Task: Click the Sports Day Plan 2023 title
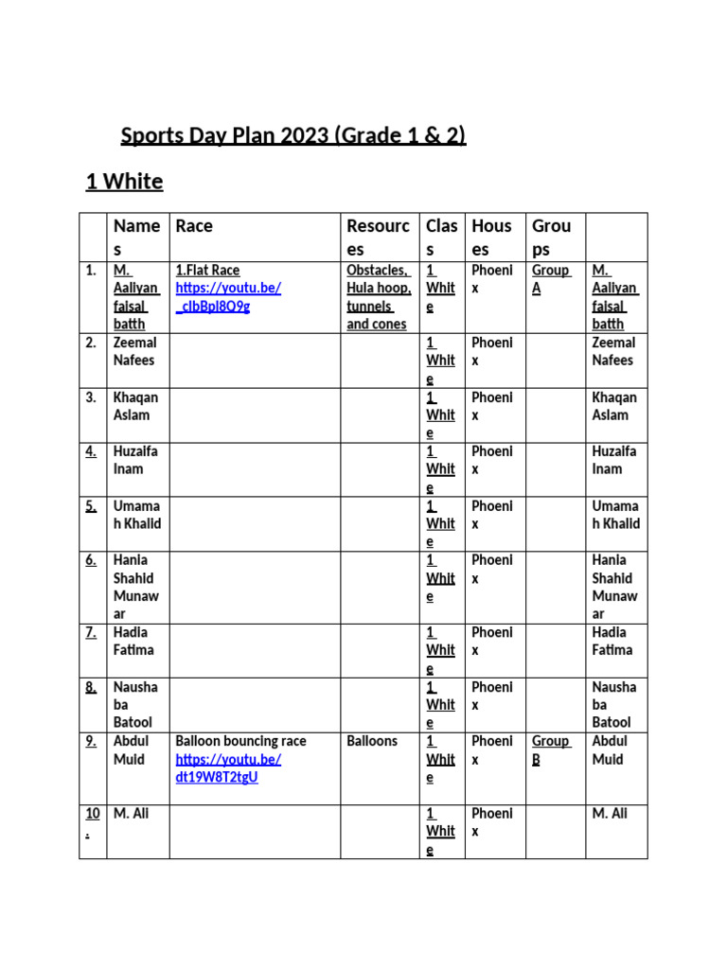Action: [293, 136]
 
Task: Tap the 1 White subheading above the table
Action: [124, 182]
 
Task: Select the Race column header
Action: [194, 226]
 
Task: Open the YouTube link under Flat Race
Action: [228, 297]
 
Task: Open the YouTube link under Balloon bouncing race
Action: [228, 768]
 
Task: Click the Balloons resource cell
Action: [372, 741]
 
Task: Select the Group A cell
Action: [550, 279]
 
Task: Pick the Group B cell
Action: [550, 750]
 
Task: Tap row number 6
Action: [91, 560]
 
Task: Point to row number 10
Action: [91, 822]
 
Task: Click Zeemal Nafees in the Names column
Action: [134, 351]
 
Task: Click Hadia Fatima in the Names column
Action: [134, 641]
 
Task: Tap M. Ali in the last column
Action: [610, 814]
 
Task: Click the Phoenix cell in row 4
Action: [491, 460]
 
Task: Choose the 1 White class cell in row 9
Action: [440, 759]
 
